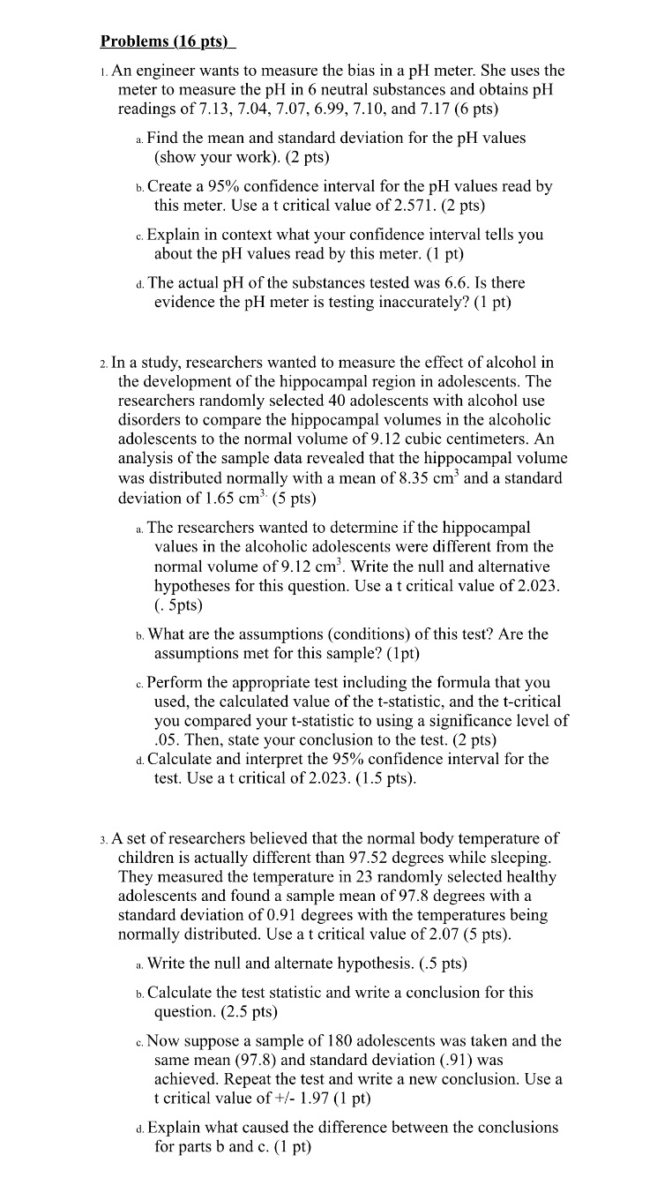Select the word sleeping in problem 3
(x=519, y=858)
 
